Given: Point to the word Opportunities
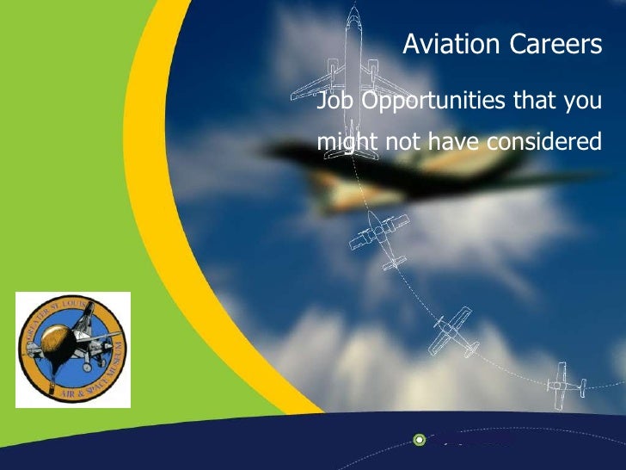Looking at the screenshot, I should pyautogui.click(x=432, y=102).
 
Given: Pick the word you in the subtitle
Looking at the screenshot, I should pyautogui.click(x=583, y=102).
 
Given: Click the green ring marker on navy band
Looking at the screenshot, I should pyautogui.click(x=419, y=440).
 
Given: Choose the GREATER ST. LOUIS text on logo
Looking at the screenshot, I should pyautogui.click(x=60, y=309).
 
